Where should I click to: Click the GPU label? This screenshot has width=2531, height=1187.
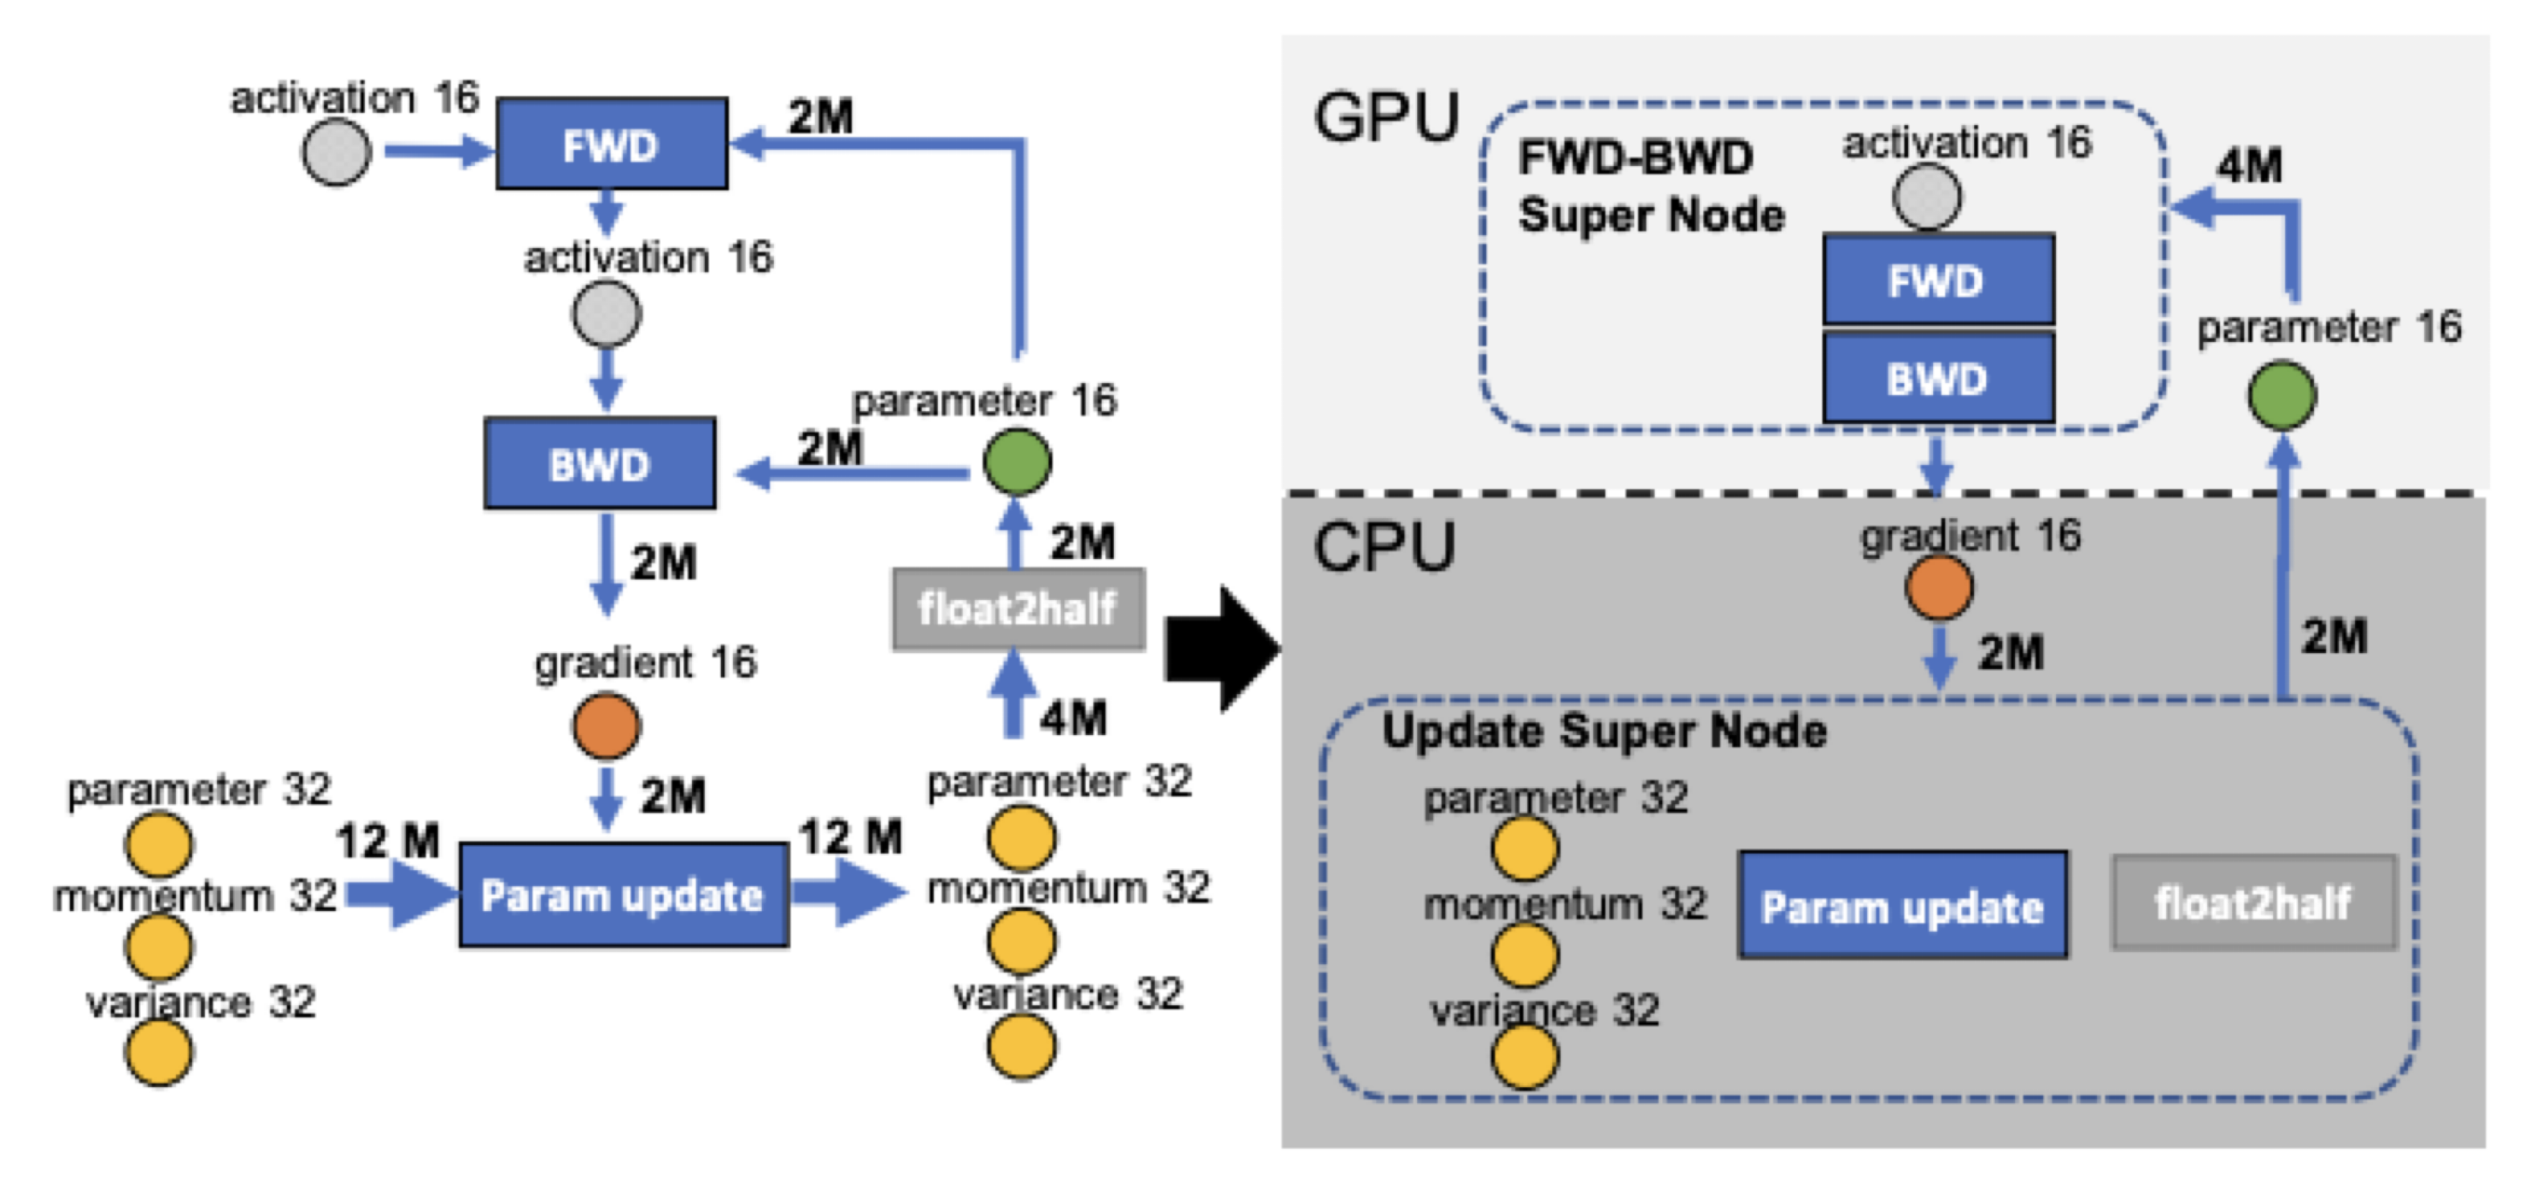coord(1386,118)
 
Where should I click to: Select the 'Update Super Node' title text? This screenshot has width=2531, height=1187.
coord(1603,731)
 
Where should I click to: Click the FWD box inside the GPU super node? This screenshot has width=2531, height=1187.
coord(1937,280)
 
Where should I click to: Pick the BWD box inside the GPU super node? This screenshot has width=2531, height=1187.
coord(1937,379)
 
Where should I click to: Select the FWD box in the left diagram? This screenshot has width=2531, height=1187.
coord(611,144)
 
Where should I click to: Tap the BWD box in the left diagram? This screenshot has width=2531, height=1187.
coord(599,463)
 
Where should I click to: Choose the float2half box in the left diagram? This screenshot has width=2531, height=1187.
coord(1018,609)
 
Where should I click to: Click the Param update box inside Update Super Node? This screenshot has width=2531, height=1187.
coord(1902,906)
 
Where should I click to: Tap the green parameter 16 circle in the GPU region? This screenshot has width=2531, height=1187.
coord(2282,396)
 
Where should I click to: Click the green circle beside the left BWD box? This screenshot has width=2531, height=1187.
coord(1017,462)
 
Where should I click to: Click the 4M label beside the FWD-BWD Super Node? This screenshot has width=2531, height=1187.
coord(2249,165)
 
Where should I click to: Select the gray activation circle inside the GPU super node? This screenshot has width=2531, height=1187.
coord(1927,197)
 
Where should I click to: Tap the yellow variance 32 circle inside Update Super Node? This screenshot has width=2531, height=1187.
coord(1524,1057)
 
